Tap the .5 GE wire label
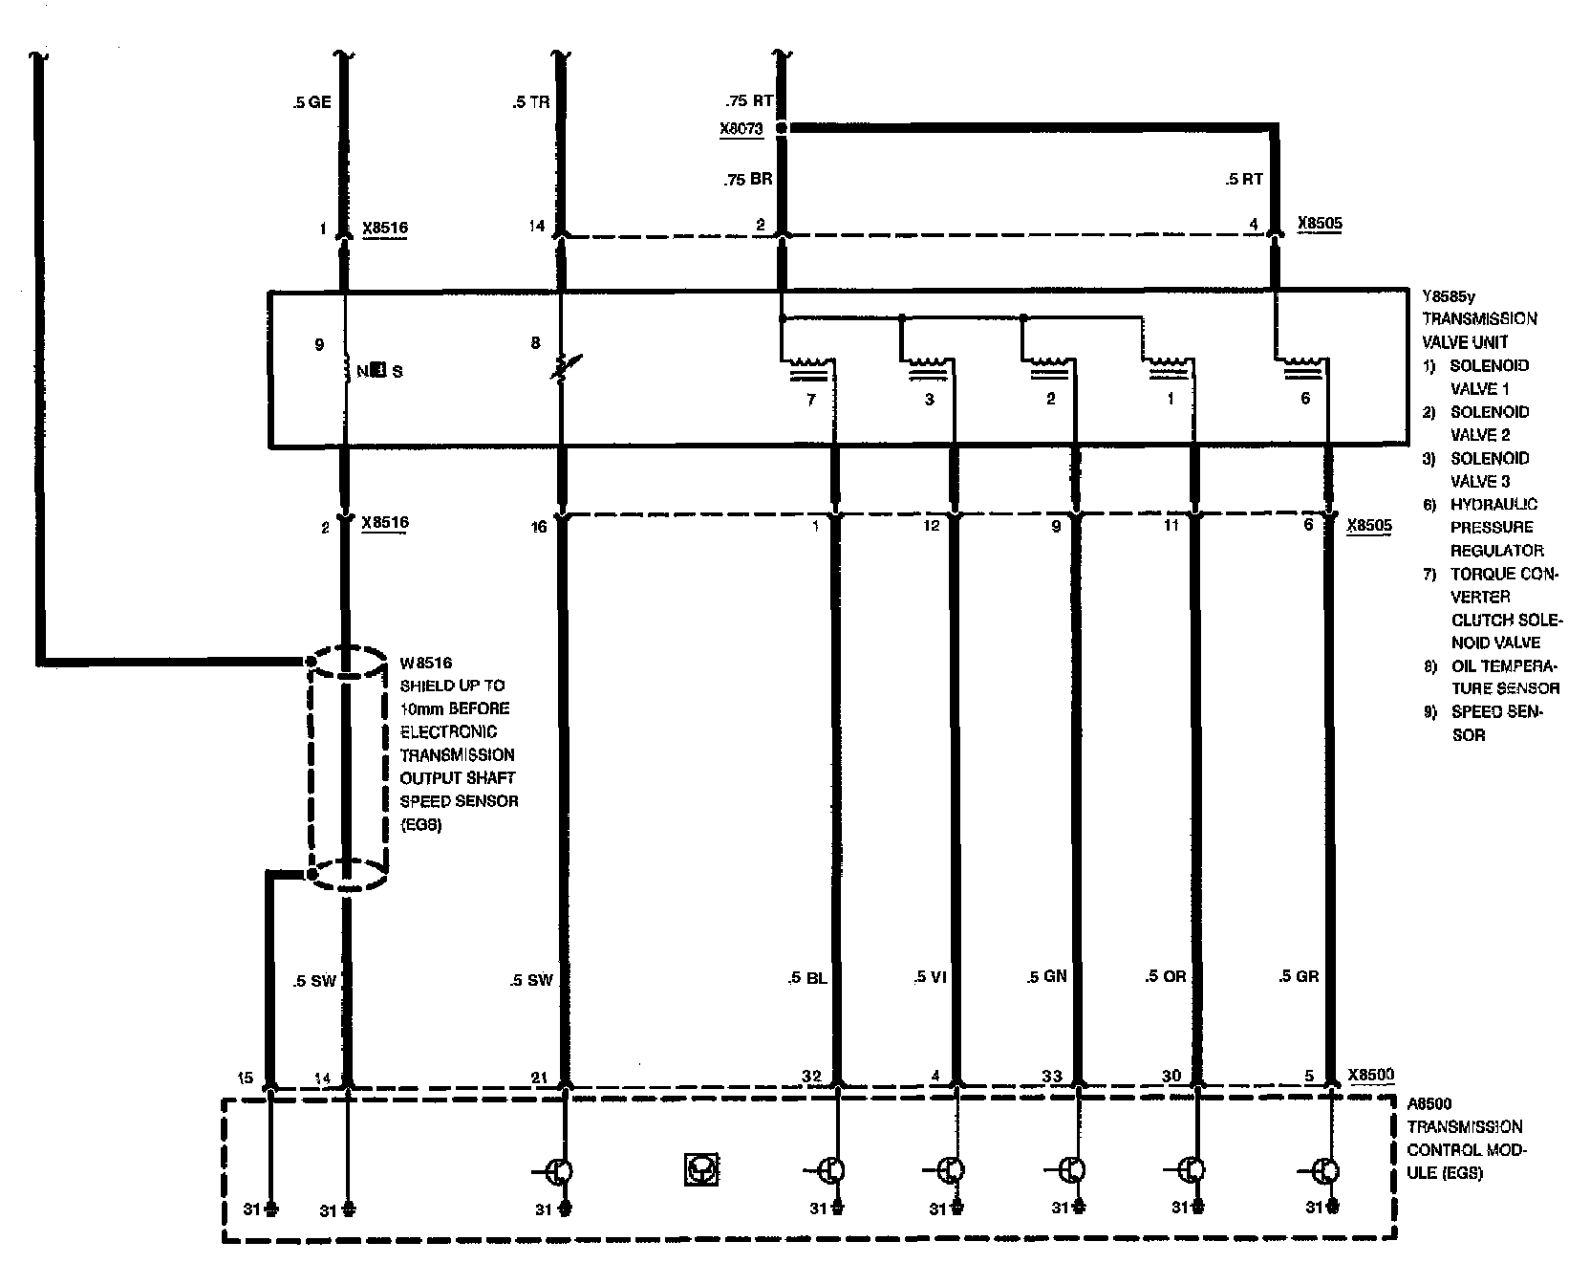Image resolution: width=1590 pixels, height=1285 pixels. pyautogui.click(x=312, y=101)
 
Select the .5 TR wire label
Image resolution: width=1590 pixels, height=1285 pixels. pyautogui.click(x=530, y=101)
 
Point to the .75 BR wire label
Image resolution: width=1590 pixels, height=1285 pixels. pyautogui.click(x=748, y=179)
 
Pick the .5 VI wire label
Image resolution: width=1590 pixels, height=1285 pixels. pyautogui.click(x=929, y=977)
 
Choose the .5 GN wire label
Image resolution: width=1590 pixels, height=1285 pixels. pyautogui.click(x=1046, y=976)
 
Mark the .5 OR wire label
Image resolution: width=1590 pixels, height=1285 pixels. pyautogui.click(x=1165, y=977)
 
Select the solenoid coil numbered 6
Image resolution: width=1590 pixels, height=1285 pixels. pyautogui.click(x=1300, y=363)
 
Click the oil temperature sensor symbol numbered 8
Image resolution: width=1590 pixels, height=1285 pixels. pyautogui.click(x=562, y=367)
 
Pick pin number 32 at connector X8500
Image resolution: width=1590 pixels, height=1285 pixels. pyautogui.click(x=811, y=1076)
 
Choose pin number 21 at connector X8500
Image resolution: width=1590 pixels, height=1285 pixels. pyautogui.click(x=540, y=1078)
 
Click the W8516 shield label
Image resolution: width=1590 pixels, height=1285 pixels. pyautogui.click(x=425, y=662)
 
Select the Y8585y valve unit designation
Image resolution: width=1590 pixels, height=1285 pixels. pyautogui.click(x=1455, y=294)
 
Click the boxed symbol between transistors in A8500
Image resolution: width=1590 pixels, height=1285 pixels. pyautogui.click(x=701, y=1169)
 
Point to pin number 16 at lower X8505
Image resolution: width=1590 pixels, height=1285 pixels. pyautogui.click(x=539, y=526)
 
